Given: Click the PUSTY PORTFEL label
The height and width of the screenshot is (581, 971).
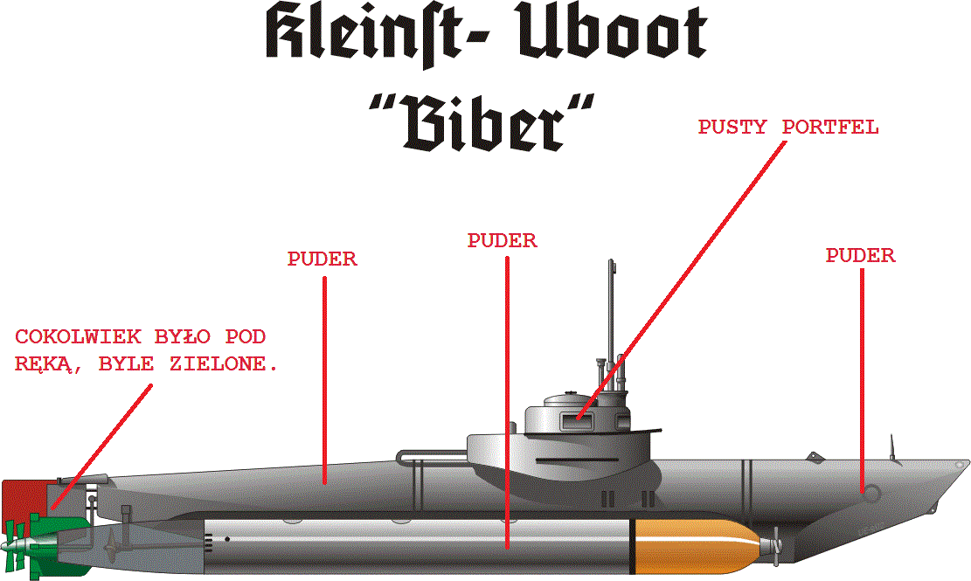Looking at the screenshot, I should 787,128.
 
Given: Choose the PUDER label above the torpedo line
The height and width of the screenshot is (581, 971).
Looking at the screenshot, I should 502,241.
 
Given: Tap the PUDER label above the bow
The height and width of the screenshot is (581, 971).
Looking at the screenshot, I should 860,256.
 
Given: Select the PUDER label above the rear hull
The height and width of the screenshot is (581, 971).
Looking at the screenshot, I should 322,259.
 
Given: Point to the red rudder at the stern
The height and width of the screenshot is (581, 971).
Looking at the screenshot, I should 24,498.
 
